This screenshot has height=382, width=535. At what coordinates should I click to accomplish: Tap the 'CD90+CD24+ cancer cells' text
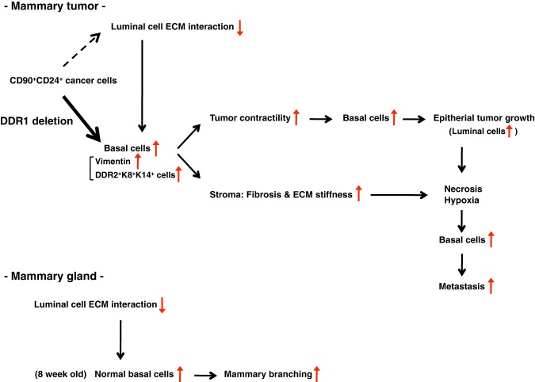tap(54, 81)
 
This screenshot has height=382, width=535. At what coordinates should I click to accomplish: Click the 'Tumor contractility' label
tap(248, 118)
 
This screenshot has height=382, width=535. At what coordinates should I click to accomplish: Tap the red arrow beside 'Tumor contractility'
tap(296, 118)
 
